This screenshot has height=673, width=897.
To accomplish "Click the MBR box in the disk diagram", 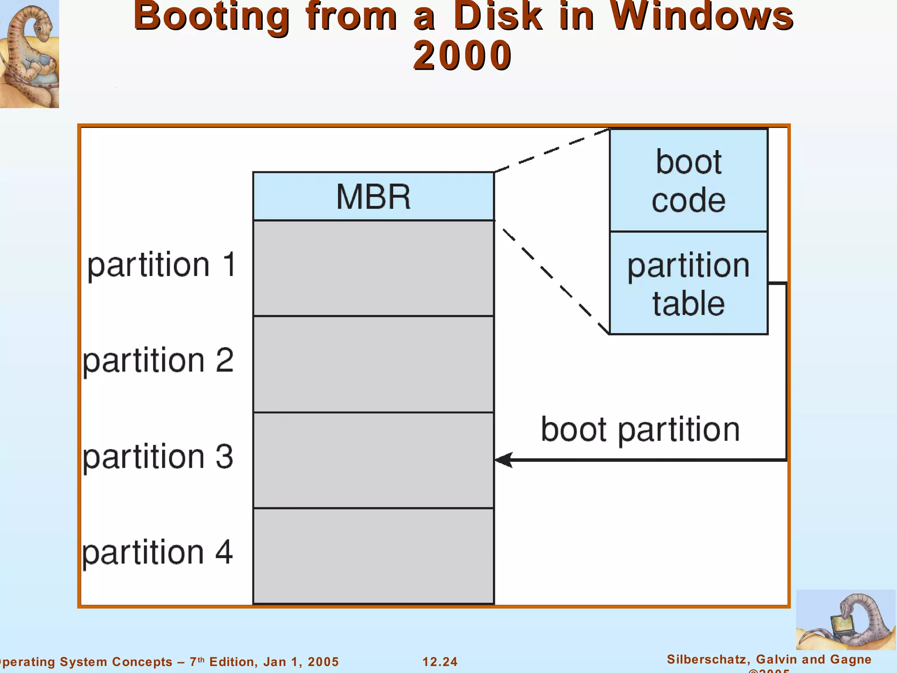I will [x=373, y=196].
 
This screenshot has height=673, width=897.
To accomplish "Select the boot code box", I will [x=689, y=180].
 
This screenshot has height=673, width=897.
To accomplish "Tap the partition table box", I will [x=689, y=283].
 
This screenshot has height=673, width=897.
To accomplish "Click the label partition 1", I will [x=162, y=265].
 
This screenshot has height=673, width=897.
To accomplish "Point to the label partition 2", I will [x=158, y=361].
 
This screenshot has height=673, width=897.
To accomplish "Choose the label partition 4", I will [x=157, y=553].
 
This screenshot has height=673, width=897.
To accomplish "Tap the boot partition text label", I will [x=640, y=429].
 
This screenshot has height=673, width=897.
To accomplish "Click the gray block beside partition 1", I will [x=373, y=268].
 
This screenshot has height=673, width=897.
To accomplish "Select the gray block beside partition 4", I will [x=373, y=556].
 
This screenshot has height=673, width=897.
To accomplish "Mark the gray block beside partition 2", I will [x=373, y=364].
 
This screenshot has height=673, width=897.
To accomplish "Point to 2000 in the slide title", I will [x=463, y=55].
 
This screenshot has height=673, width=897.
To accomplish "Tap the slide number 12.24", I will [x=440, y=662].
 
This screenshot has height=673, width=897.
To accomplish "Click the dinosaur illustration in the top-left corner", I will [x=29, y=53].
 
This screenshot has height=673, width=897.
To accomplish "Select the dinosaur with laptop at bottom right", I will [x=845, y=620].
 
